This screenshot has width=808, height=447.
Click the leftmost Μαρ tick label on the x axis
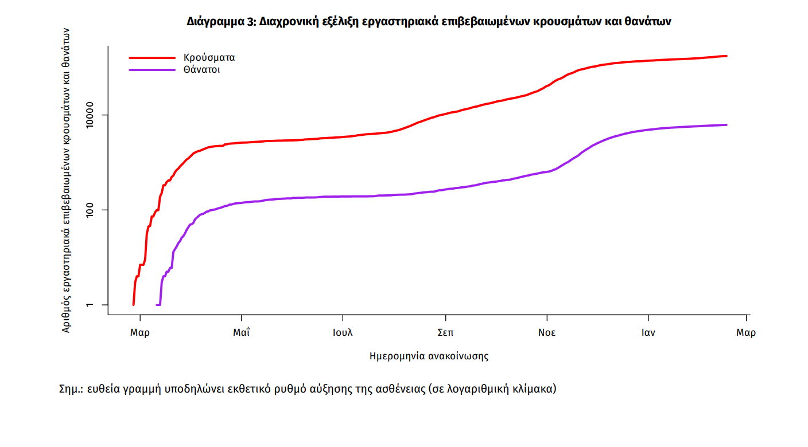(x=139, y=333)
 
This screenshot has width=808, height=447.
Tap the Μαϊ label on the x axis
(x=241, y=333)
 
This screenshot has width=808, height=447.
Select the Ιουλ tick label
(x=343, y=333)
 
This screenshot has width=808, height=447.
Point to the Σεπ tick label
(x=445, y=333)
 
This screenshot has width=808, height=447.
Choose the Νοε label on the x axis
(x=546, y=333)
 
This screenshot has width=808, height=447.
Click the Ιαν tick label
(x=648, y=333)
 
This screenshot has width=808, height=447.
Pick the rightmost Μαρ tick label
(x=746, y=333)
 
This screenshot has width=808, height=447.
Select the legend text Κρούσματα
(x=209, y=58)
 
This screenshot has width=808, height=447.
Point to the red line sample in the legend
(x=152, y=58)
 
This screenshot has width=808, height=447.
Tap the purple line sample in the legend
(x=152, y=70)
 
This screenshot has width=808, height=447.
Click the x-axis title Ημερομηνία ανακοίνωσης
(x=429, y=356)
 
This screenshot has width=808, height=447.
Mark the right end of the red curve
(x=727, y=56)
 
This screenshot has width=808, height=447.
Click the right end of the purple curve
(x=727, y=125)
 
